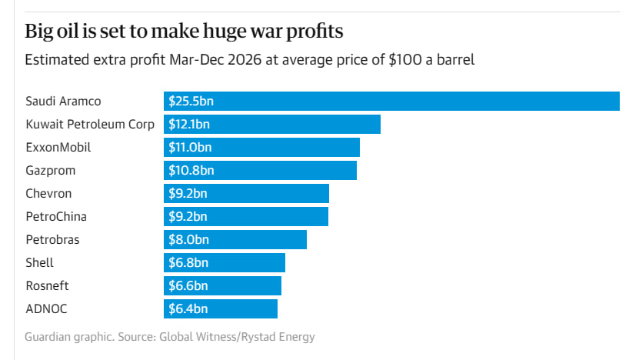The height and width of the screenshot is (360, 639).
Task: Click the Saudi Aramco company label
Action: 63,101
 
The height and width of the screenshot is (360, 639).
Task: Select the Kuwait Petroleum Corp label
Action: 89,124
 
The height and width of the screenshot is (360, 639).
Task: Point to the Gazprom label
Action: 50,170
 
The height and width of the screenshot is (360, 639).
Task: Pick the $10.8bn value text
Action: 191,170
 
